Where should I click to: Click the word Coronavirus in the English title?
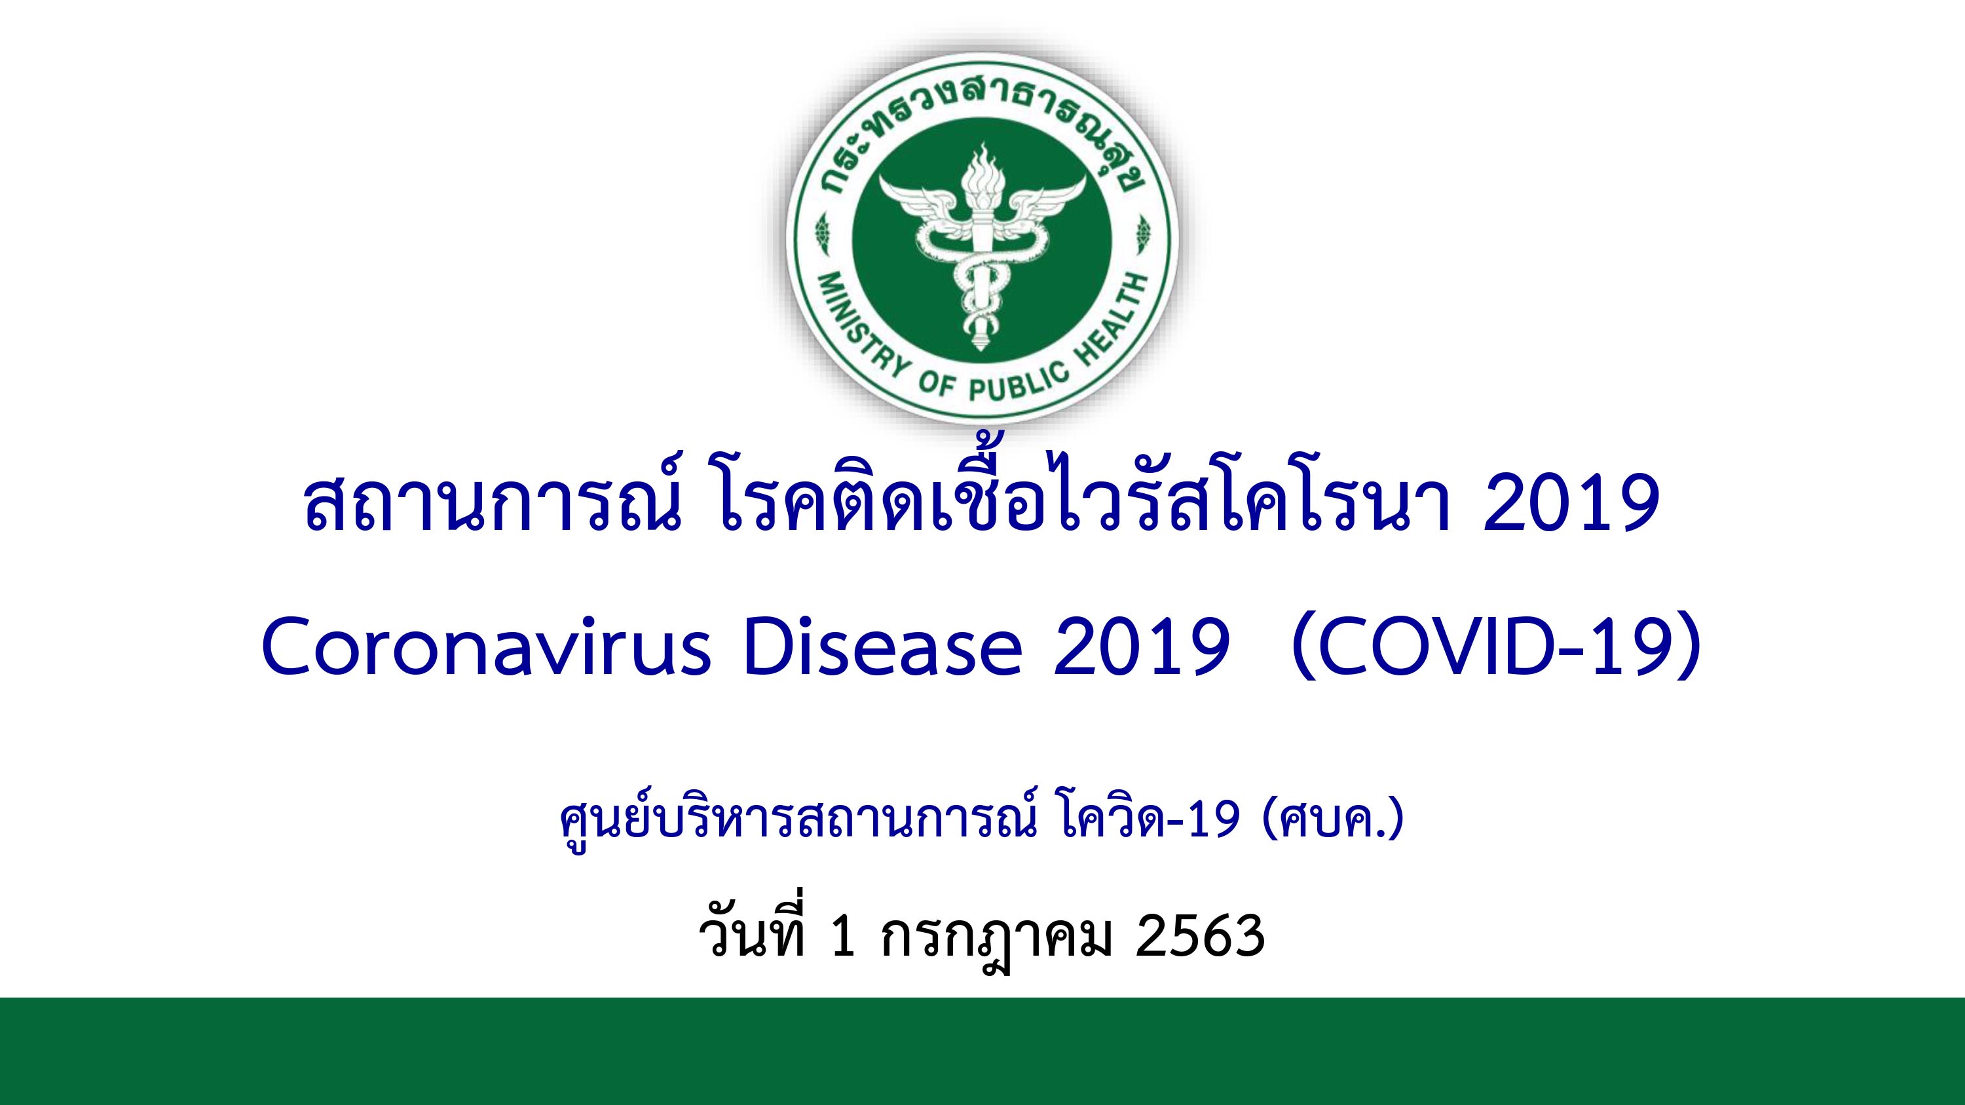(x=486, y=647)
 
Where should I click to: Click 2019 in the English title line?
(x=1141, y=647)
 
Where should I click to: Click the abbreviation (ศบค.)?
(x=1333, y=820)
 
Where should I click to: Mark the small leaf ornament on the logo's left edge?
(x=822, y=234)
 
